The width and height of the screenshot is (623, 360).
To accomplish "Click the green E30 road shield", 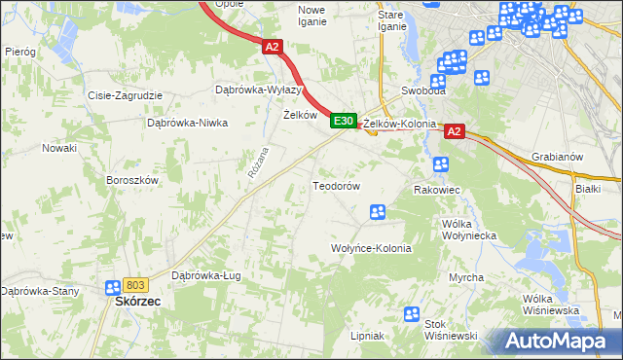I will click(342, 121).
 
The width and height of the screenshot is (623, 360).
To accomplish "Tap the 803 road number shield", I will click(135, 284).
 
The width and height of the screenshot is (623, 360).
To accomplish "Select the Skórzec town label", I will click(131, 302).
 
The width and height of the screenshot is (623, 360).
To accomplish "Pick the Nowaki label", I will click(58, 148).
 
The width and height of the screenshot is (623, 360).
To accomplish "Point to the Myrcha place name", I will click(466, 277).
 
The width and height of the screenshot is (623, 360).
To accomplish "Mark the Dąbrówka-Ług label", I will click(205, 275).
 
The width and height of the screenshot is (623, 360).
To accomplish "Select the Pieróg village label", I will click(19, 50).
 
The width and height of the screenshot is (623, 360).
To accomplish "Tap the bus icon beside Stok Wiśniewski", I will click(411, 315).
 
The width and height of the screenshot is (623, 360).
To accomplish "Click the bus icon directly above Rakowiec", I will click(441, 163).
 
